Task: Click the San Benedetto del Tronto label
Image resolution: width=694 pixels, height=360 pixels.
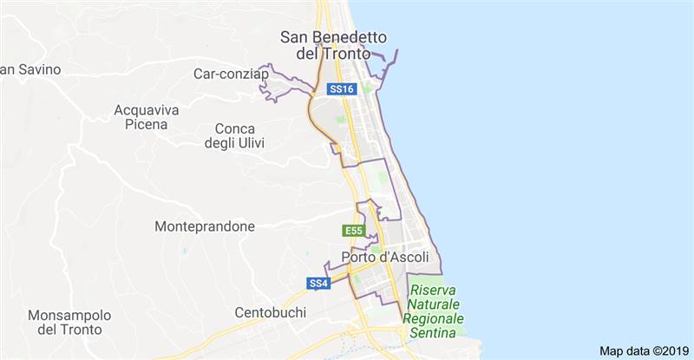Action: pos(334,45)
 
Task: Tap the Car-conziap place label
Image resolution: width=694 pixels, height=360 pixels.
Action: pos(232,75)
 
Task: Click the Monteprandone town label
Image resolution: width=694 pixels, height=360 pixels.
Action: pos(205,226)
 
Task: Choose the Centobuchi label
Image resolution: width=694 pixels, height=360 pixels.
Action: pos(270,311)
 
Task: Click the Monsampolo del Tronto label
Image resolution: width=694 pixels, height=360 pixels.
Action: pos(69,322)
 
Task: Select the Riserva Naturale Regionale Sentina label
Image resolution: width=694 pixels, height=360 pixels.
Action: pos(434,305)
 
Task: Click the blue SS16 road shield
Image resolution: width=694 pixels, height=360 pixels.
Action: pos(342,89)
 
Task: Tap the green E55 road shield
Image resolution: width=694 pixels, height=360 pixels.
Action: pos(353,231)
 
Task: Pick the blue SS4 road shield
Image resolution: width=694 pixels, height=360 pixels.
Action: pos(318,284)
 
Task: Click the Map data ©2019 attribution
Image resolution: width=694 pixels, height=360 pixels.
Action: pos(644,350)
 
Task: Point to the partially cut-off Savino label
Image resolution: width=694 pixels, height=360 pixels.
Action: pos(23,69)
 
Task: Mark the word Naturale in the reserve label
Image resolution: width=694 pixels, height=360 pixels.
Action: pos(434,305)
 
